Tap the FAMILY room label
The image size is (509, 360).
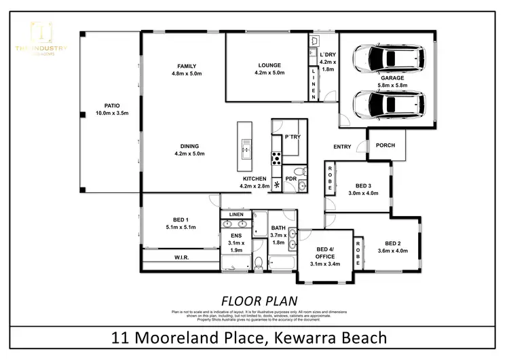click(182, 65)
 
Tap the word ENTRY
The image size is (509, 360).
click(342, 147)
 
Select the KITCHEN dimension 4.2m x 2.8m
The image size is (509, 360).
click(254, 186)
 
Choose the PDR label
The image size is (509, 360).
click(290, 179)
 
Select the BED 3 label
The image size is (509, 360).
click(364, 185)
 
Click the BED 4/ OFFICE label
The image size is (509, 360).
click(331, 253)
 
